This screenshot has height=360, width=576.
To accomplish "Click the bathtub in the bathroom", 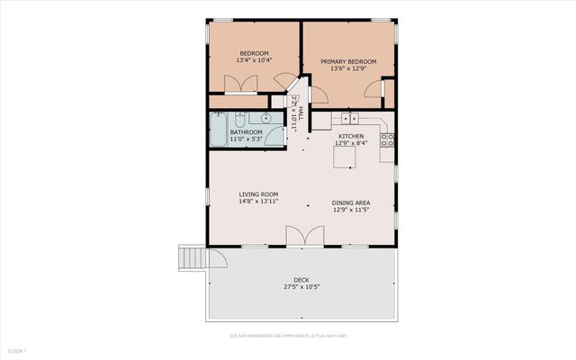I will (x=220, y=128).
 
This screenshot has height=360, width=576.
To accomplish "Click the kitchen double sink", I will (x=350, y=118).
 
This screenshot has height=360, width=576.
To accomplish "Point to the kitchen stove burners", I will (x=388, y=139).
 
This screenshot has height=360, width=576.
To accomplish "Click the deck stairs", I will (x=192, y=258).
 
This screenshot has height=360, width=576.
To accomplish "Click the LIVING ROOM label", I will (x=258, y=194).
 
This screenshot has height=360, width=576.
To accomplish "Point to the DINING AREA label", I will (x=351, y=202).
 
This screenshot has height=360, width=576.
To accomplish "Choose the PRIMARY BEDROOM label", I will (x=348, y=62).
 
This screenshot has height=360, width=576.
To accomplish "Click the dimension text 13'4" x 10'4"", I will (x=255, y=60).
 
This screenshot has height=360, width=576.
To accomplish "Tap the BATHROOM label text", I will (x=246, y=132).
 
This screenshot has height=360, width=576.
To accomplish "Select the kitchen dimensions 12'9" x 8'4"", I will (x=351, y=142).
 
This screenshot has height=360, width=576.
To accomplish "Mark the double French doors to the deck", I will (x=303, y=236).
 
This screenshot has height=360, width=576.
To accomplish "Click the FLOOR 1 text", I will (x=17, y=350).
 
